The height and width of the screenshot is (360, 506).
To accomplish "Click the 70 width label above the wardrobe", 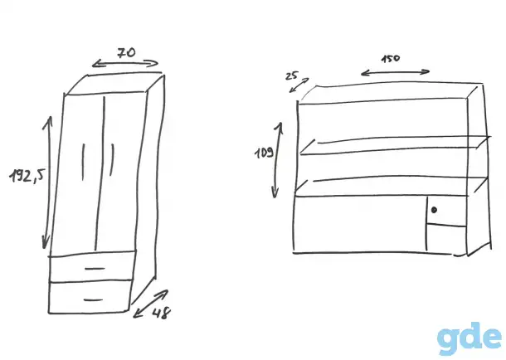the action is coord(126,52).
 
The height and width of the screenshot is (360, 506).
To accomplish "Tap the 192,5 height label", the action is coord(27,175).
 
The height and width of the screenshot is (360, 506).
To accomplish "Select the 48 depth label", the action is coord(162,314).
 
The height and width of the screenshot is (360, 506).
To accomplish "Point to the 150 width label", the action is coord(391,59).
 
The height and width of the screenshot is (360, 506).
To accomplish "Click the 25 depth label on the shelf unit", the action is coord(292,75).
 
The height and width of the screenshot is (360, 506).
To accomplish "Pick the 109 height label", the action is coord(265,153).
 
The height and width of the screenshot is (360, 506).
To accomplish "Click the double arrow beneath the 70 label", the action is coord(125,64).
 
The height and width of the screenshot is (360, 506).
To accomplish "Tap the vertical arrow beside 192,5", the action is coord(48,182).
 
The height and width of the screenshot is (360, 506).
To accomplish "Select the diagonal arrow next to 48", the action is coord(151,304).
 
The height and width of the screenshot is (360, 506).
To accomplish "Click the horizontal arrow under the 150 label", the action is coord(396,73).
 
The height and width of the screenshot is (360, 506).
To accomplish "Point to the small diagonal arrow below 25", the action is coord(299,85).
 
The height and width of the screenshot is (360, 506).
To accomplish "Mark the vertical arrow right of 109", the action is coord(277,160).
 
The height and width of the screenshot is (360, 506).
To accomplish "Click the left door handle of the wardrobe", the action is coord(83,162).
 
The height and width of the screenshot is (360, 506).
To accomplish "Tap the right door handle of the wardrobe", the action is coord(112,160).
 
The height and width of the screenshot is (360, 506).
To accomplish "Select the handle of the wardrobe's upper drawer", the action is coord(95,268).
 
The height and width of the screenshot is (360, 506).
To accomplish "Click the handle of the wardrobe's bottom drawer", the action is coord(93,300).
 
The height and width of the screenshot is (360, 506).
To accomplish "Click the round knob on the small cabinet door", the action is coord(434,210).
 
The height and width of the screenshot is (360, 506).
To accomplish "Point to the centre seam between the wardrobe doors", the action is coord(100,173).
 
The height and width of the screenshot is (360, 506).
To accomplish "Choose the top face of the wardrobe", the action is coord(114,84).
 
